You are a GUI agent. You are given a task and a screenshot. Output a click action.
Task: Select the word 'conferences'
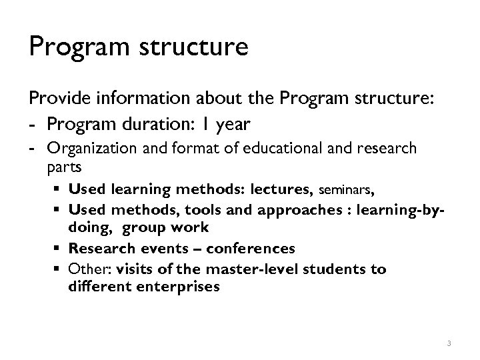pyautogui.click(x=251, y=249)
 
